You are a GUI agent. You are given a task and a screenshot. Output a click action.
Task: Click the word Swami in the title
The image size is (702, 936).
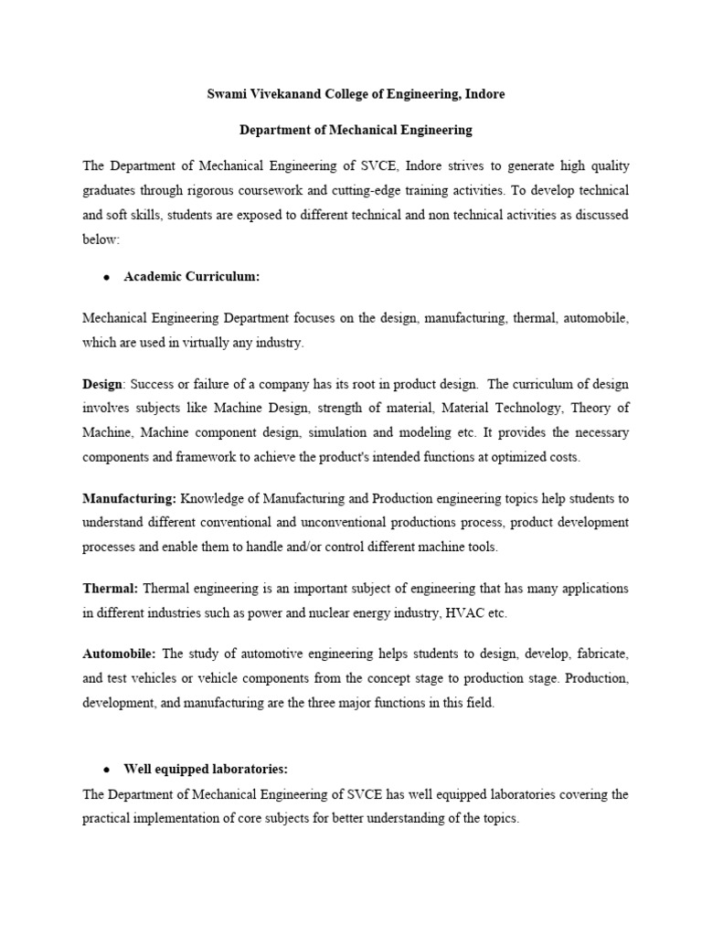click(x=228, y=94)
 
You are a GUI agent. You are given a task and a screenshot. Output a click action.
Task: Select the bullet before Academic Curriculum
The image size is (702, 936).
click(x=106, y=278)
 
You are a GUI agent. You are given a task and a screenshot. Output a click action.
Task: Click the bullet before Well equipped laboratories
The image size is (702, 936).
click(x=106, y=770)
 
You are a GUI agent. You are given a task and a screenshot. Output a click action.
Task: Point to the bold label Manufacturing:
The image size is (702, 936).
click(x=129, y=498)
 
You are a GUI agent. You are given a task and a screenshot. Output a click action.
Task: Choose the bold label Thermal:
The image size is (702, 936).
click(x=111, y=588)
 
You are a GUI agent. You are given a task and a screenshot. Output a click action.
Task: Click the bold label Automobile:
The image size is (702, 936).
click(x=120, y=654)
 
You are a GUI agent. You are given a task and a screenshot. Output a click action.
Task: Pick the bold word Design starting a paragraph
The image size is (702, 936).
click(x=101, y=383)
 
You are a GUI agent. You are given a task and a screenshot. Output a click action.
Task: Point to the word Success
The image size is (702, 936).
click(x=153, y=383)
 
